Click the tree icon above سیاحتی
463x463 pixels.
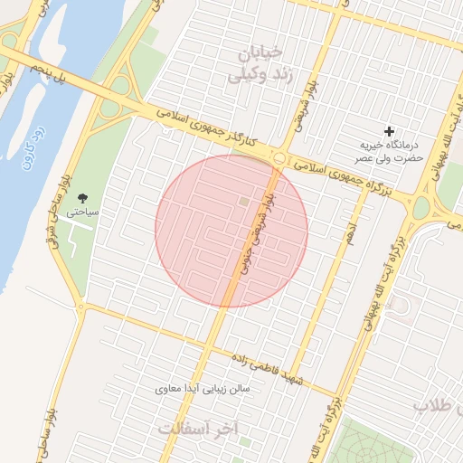click(x=84, y=197)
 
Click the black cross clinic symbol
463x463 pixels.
click(x=390, y=132)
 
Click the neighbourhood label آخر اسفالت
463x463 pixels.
click(x=197, y=428)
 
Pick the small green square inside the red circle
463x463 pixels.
click(x=242, y=201)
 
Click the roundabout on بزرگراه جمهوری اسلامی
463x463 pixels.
click(x=280, y=159)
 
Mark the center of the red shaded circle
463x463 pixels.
click(x=231, y=231)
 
